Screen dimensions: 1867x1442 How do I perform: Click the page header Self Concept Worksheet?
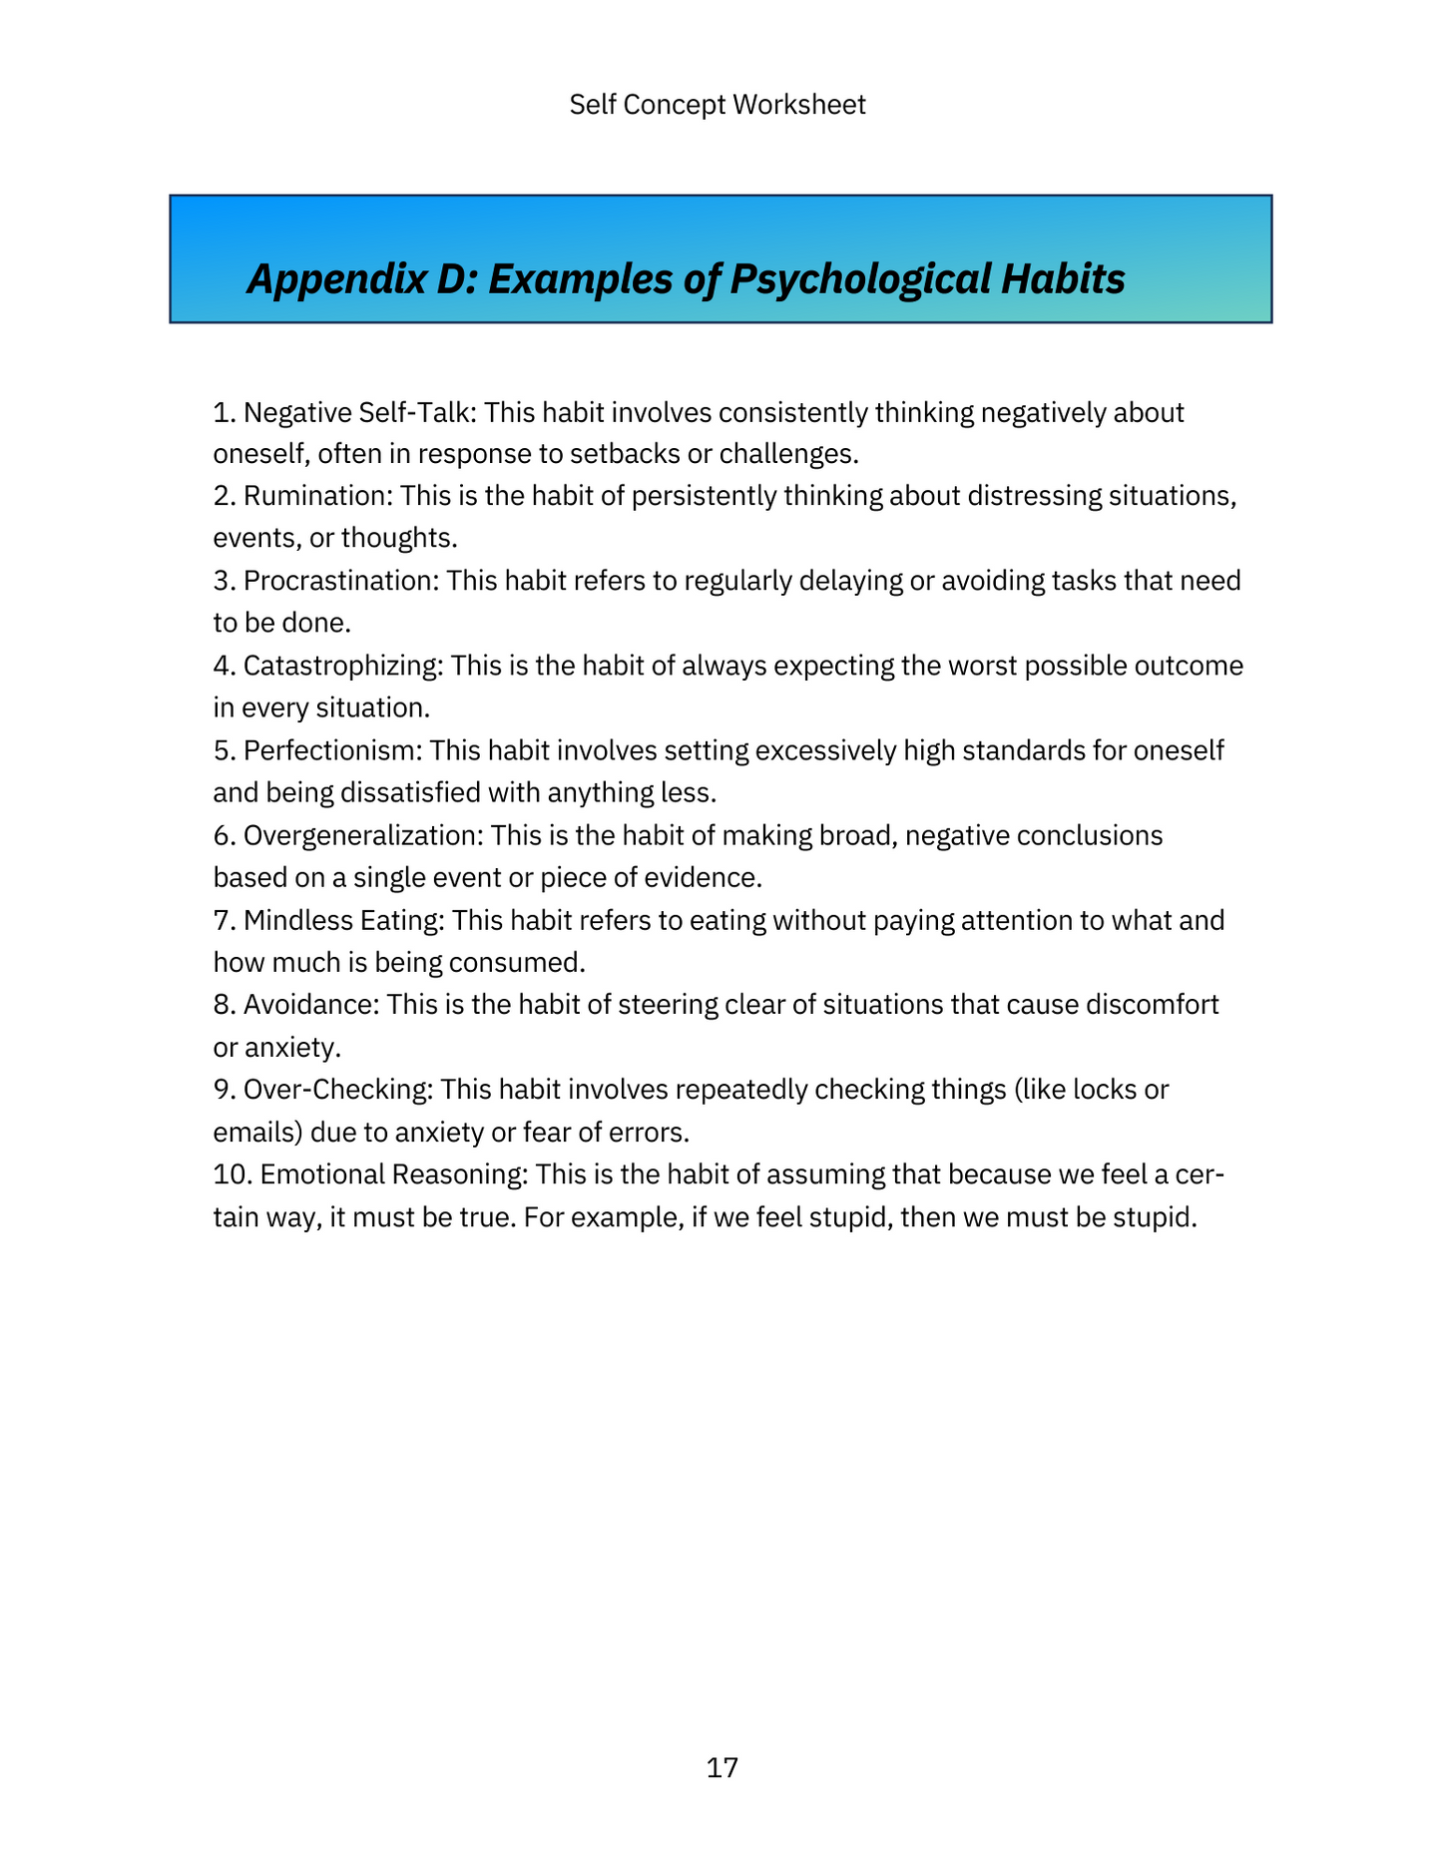coord(717,105)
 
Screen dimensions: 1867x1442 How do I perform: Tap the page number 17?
coord(721,1767)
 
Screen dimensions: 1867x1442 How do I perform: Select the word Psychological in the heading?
coord(858,279)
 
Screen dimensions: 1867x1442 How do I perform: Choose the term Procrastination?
coord(338,581)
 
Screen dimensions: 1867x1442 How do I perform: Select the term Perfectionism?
coord(332,750)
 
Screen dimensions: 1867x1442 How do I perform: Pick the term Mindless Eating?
coord(341,920)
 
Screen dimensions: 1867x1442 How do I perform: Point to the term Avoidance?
coord(308,1005)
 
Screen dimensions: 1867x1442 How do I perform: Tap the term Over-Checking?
coord(336,1090)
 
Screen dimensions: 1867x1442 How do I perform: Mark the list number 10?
coord(231,1174)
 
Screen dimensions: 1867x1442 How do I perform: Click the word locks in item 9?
coord(1104,1090)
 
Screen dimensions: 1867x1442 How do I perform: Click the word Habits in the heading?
coord(1064,279)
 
